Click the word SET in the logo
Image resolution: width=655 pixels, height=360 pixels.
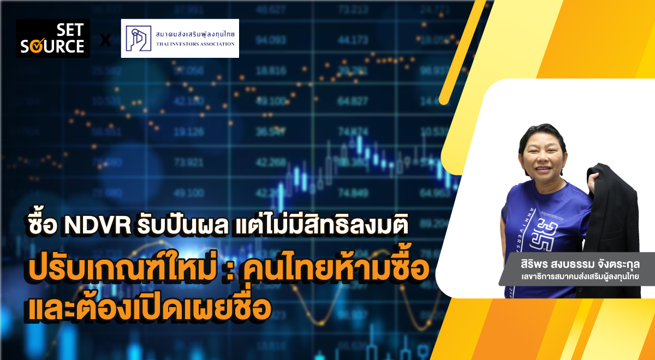[x=70, y=32]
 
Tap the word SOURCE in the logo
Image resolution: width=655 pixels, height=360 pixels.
[x=52, y=46]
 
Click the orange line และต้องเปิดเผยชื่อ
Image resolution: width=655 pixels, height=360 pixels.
[x=148, y=307]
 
